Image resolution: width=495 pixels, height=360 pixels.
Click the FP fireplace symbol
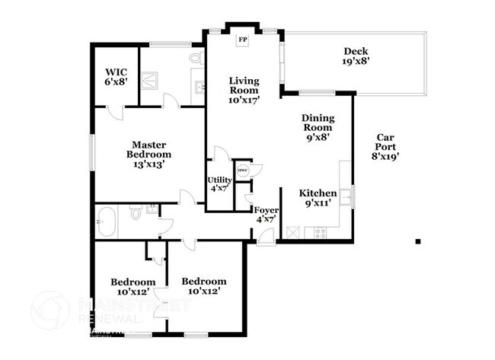[244, 40]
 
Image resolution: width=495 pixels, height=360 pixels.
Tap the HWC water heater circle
[242, 170]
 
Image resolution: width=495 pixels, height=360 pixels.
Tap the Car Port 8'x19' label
[385, 147]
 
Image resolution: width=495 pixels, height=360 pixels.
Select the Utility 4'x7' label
[219, 183]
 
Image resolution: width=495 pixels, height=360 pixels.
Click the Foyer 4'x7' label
[266, 214]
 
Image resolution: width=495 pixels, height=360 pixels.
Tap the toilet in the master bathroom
[195, 59]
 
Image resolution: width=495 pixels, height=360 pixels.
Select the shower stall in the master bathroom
[151, 78]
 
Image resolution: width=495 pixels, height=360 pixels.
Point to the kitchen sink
[346, 197]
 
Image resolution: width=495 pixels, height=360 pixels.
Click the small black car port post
[417, 241]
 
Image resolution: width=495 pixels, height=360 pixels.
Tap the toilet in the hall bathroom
[135, 214]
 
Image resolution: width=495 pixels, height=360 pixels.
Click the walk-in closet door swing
[115, 113]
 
